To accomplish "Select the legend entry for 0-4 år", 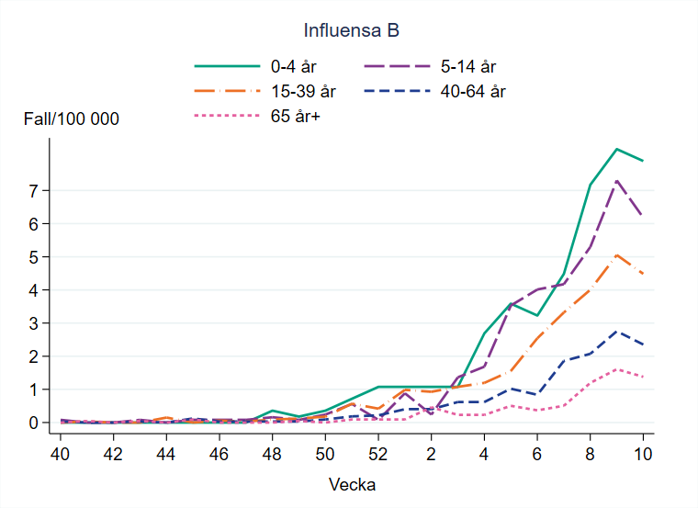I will click(290, 66).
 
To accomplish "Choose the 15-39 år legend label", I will click(302, 91).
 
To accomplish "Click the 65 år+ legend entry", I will click(295, 116).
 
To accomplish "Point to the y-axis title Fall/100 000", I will click(72, 119).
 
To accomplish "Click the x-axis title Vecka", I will click(352, 484).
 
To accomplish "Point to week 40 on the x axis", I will click(60, 453).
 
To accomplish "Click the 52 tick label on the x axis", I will click(377, 453).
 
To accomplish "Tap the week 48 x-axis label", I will click(272, 453).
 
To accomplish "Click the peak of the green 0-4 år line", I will click(616, 149).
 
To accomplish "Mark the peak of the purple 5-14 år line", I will click(616, 180).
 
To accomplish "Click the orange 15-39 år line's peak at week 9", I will click(616, 255).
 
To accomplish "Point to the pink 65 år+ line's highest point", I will click(616, 369).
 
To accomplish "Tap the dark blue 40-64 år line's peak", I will click(616, 332).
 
